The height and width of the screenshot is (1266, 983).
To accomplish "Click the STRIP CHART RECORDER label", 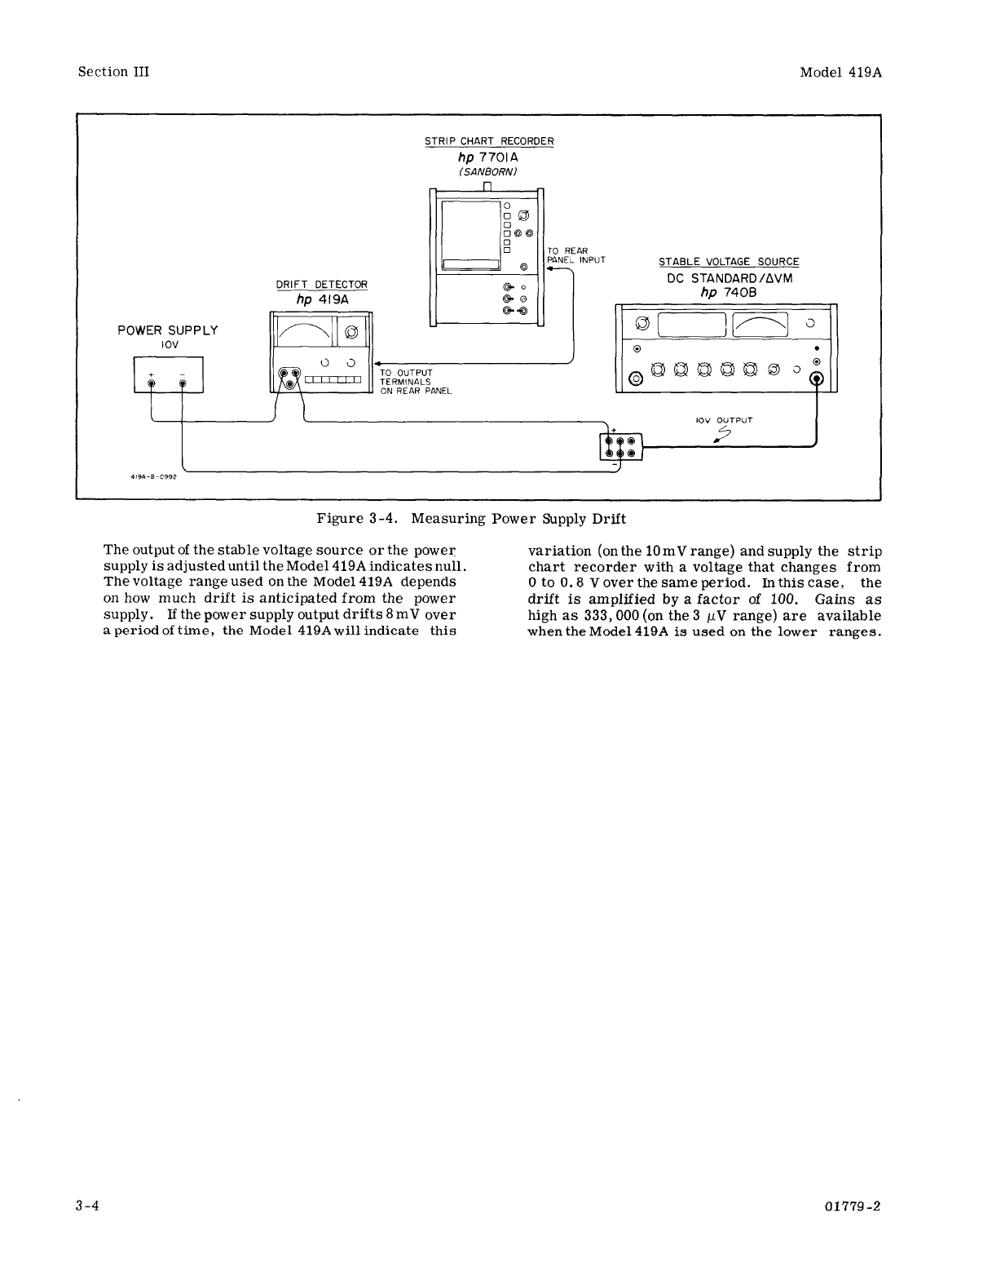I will click(489, 141).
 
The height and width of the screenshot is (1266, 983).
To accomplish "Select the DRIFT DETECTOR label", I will click(322, 284).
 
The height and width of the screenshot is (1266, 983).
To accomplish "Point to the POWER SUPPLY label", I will click(168, 330).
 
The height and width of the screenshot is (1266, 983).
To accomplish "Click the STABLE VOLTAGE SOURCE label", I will click(729, 262).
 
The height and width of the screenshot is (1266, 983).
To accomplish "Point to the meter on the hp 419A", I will click(306, 330).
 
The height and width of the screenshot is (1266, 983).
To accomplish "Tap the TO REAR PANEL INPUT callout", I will click(576, 255).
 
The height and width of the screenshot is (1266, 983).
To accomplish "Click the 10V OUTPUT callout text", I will click(723, 421).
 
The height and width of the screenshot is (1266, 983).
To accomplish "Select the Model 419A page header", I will click(841, 72).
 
